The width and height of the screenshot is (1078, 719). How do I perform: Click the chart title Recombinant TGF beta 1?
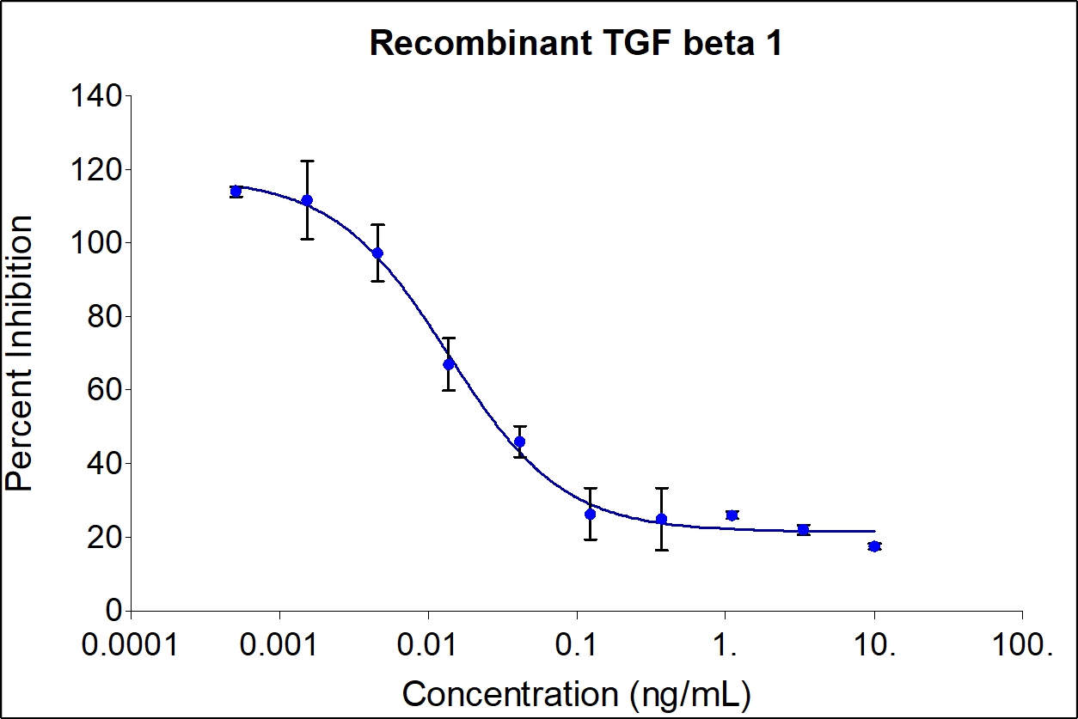click(x=575, y=44)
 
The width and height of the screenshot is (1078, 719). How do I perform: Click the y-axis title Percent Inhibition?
click(x=21, y=352)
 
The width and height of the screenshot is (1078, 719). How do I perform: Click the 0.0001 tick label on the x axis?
click(x=131, y=644)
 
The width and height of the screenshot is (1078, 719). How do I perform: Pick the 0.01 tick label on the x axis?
click(x=428, y=644)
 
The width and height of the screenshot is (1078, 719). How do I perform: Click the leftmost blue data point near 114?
click(x=236, y=191)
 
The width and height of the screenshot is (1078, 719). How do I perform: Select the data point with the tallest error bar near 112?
click(x=307, y=200)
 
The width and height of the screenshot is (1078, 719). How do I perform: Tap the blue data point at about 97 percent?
click(x=377, y=253)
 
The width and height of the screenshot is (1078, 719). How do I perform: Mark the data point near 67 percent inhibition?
click(x=449, y=363)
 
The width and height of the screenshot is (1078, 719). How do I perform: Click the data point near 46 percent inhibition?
click(x=519, y=442)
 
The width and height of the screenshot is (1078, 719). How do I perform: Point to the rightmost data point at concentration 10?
click(x=874, y=546)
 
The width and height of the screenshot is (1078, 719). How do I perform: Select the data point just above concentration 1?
click(x=732, y=515)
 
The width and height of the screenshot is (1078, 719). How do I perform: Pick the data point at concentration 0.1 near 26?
click(x=590, y=514)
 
